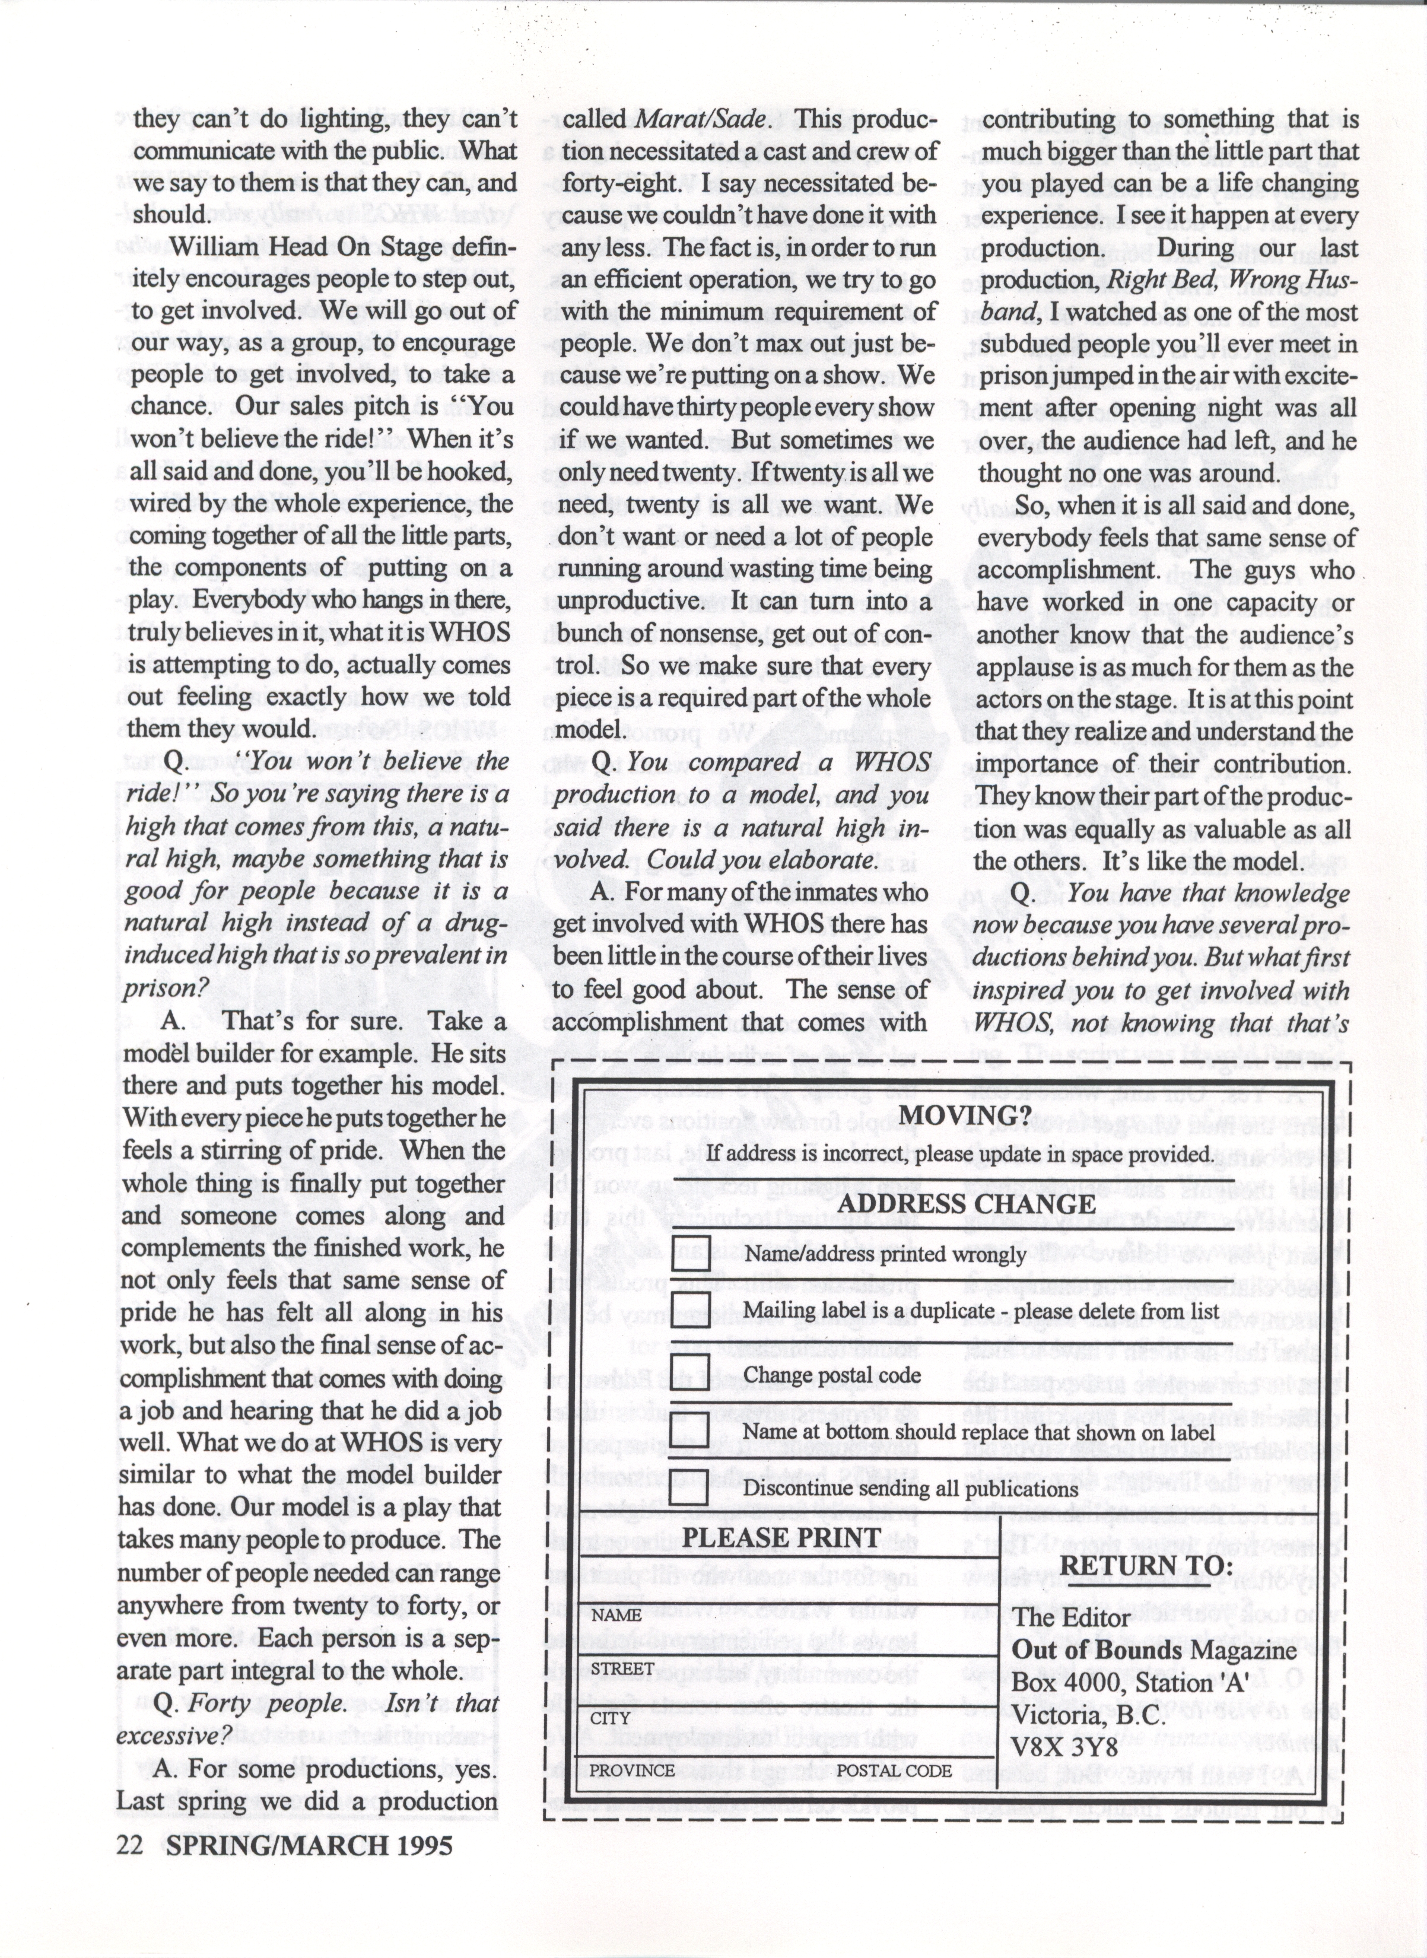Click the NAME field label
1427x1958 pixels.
coord(616,1615)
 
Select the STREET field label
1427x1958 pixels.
coord(622,1668)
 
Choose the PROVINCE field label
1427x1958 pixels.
coord(633,1770)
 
